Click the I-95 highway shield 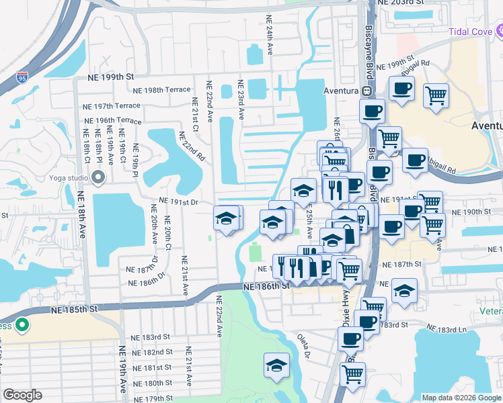pyautogui.click(x=23, y=79)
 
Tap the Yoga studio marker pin pyautogui.click(x=98, y=178)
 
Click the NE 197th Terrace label pyautogui.click(x=112, y=106)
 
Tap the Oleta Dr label pyautogui.click(x=307, y=345)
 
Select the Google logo pyautogui.click(x=23, y=395)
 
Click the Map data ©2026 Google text pyautogui.click(x=461, y=398)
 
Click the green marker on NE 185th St pyautogui.click(x=22, y=326)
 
